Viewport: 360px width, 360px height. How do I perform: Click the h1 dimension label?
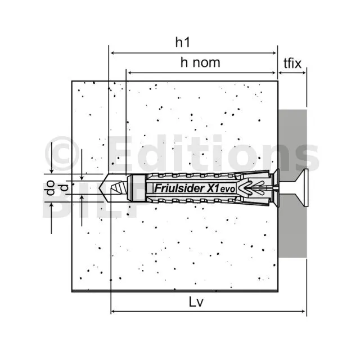click(183, 42)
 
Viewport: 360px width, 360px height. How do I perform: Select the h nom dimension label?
click(200, 62)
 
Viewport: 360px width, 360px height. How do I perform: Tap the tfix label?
click(292, 63)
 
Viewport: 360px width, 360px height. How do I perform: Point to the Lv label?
click(196, 302)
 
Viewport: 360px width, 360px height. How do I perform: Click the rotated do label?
click(49, 188)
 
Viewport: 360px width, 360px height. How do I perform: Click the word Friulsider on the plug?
click(179, 188)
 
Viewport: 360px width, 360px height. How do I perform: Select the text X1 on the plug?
click(213, 188)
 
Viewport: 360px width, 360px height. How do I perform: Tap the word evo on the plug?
click(228, 190)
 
